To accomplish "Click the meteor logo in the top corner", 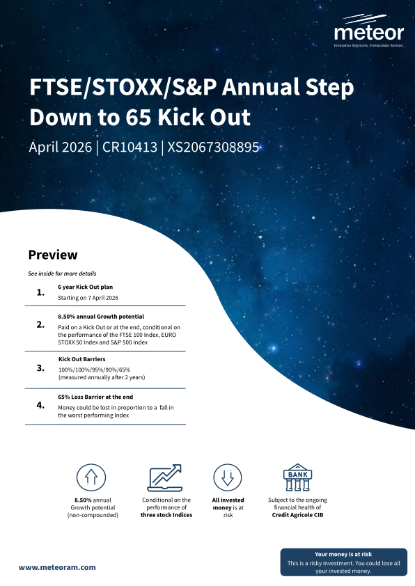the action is (368, 31).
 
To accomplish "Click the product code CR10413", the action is (130, 147).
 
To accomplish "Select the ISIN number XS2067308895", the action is (213, 147).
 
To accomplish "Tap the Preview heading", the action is (53, 255).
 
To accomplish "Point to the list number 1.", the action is (40, 292).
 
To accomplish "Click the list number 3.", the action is (40, 368).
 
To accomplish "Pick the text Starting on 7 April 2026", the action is (88, 298).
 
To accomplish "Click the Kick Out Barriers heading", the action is (82, 359).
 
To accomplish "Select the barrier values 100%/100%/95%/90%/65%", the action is (94, 370).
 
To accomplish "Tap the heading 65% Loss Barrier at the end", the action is (95, 397).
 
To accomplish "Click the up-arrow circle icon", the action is (91, 477).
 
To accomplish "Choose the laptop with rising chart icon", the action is (165, 477).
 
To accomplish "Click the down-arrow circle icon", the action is (228, 477).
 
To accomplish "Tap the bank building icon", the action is (297, 477).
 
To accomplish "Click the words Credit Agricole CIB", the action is (297, 515).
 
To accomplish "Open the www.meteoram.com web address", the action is (57, 567).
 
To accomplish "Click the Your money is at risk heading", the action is (343, 554).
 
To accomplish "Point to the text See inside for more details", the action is (62, 274).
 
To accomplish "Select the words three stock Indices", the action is (166, 515).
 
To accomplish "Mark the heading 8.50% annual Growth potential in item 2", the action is (101, 317).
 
